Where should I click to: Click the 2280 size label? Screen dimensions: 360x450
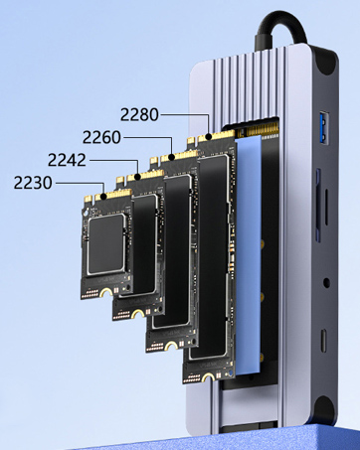coord(139,115)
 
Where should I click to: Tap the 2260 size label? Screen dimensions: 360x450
coord(101,137)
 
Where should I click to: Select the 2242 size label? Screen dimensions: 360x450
coord(67,160)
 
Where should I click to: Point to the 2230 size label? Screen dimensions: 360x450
coord(33,183)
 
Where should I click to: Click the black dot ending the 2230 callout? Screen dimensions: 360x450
coord(103,196)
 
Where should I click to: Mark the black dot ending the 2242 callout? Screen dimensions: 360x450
coord(138,177)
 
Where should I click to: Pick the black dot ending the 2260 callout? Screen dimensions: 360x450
coord(172,157)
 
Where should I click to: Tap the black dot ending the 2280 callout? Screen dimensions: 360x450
coord(209,137)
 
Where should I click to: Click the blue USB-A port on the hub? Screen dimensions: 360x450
coord(324,128)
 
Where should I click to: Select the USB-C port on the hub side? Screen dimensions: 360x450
coord(324,341)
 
